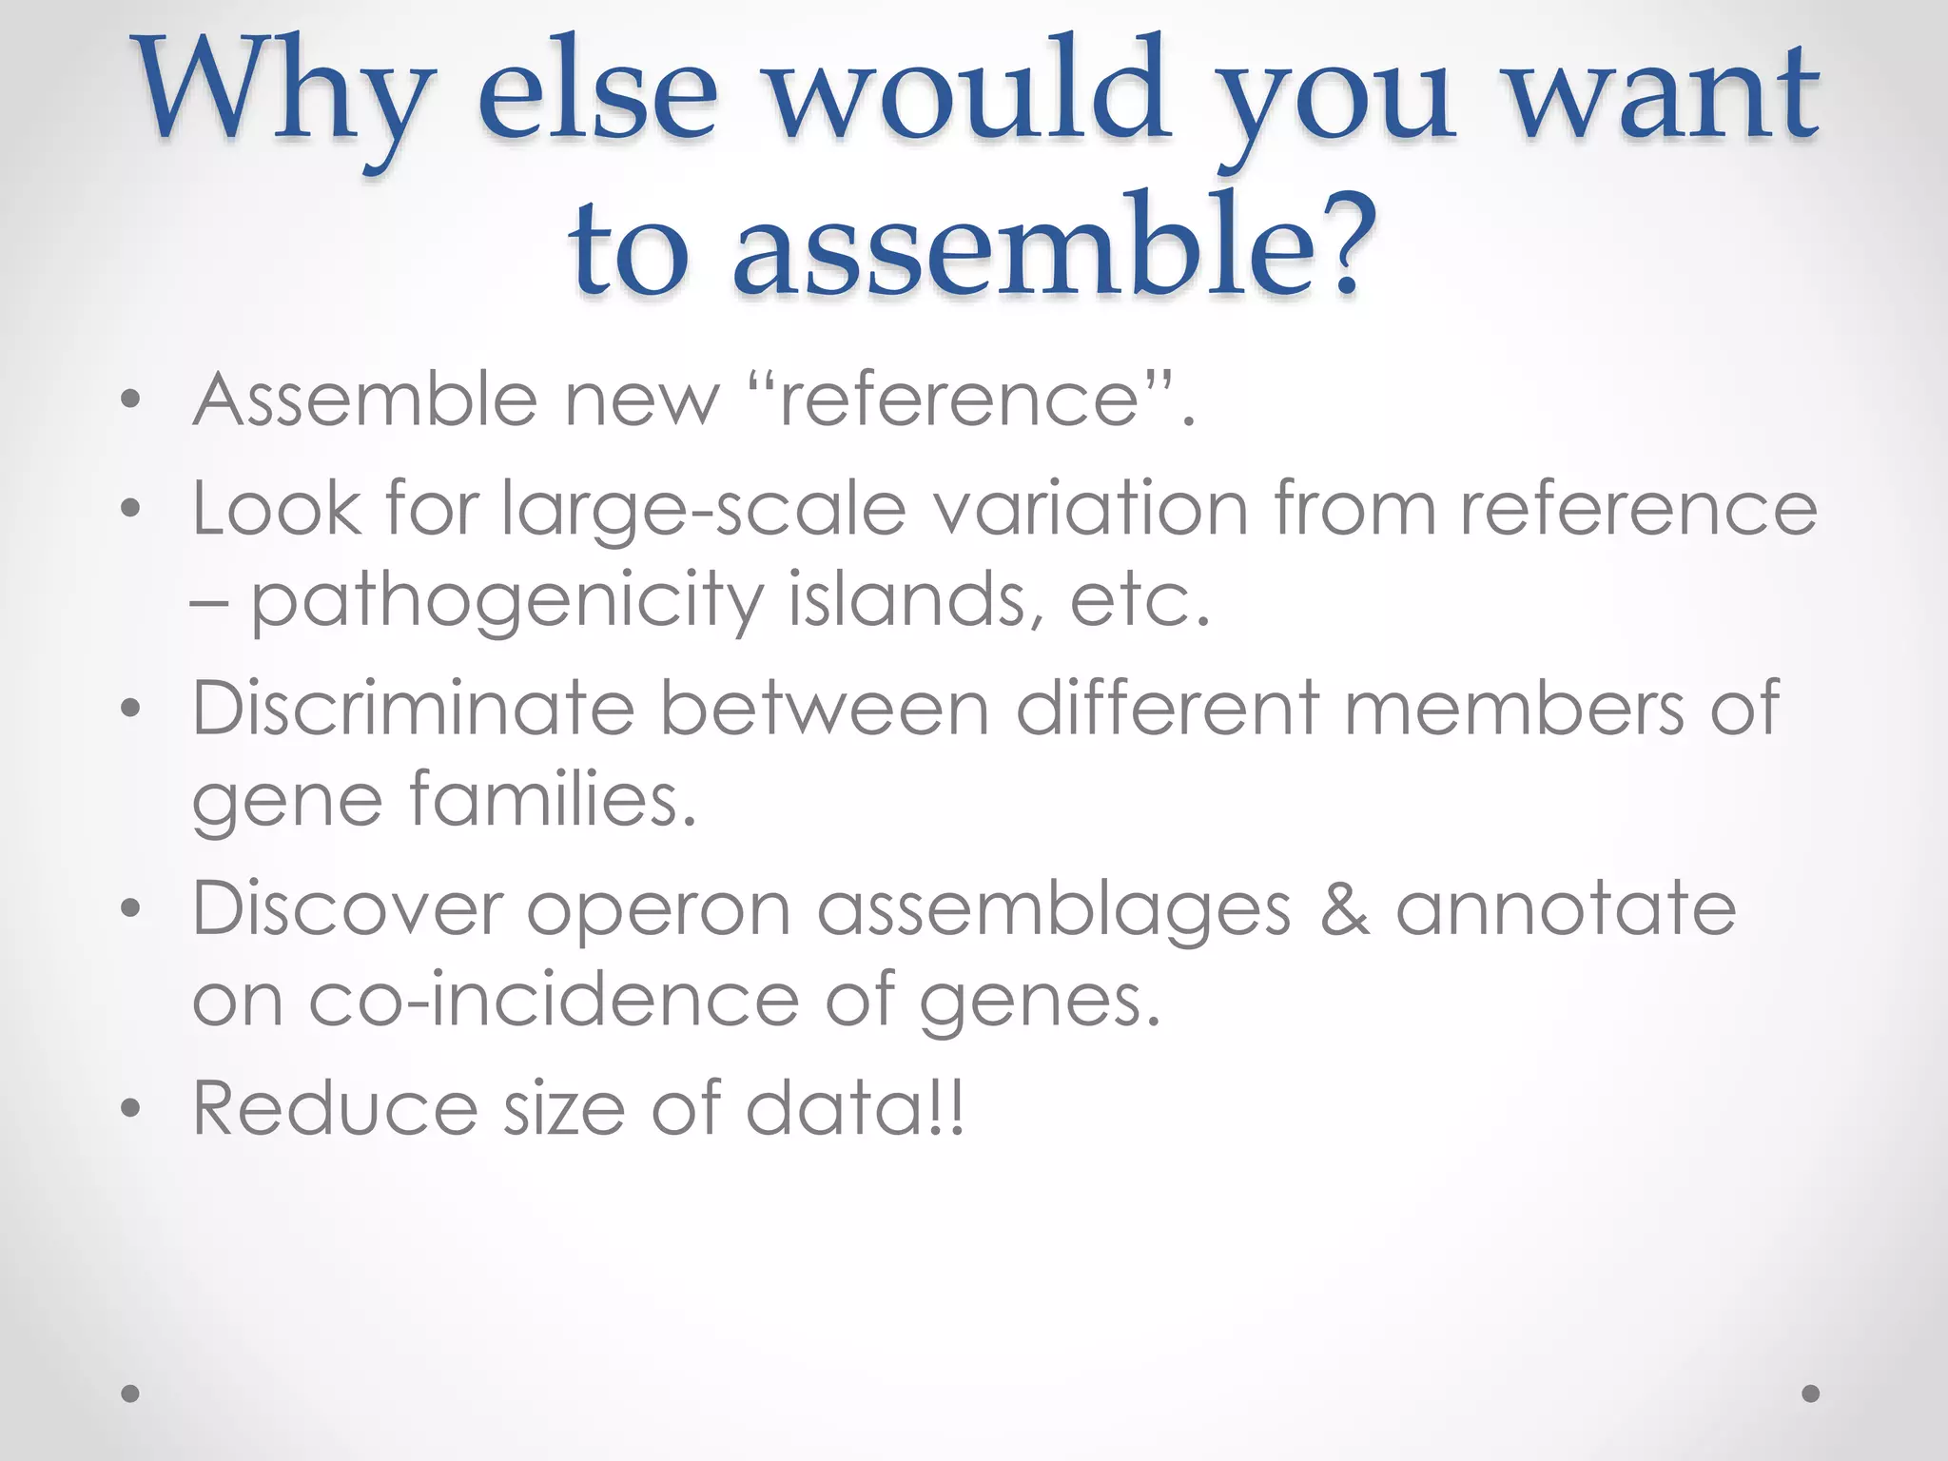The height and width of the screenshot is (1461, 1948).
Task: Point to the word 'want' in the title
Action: pos(1664,95)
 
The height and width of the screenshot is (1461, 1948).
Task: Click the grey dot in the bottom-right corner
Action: pos(1811,1393)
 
